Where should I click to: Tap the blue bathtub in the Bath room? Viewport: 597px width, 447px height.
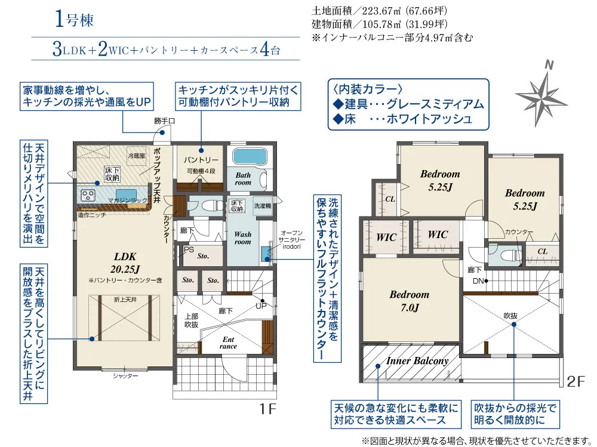tap(251, 158)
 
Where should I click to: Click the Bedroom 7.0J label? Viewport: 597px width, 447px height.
tap(410, 301)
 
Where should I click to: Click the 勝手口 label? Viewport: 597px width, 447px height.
tap(164, 121)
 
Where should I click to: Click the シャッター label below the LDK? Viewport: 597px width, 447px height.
tap(125, 376)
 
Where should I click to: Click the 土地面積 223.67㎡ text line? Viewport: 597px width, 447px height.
tap(379, 11)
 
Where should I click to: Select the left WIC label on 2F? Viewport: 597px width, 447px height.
tap(386, 237)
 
